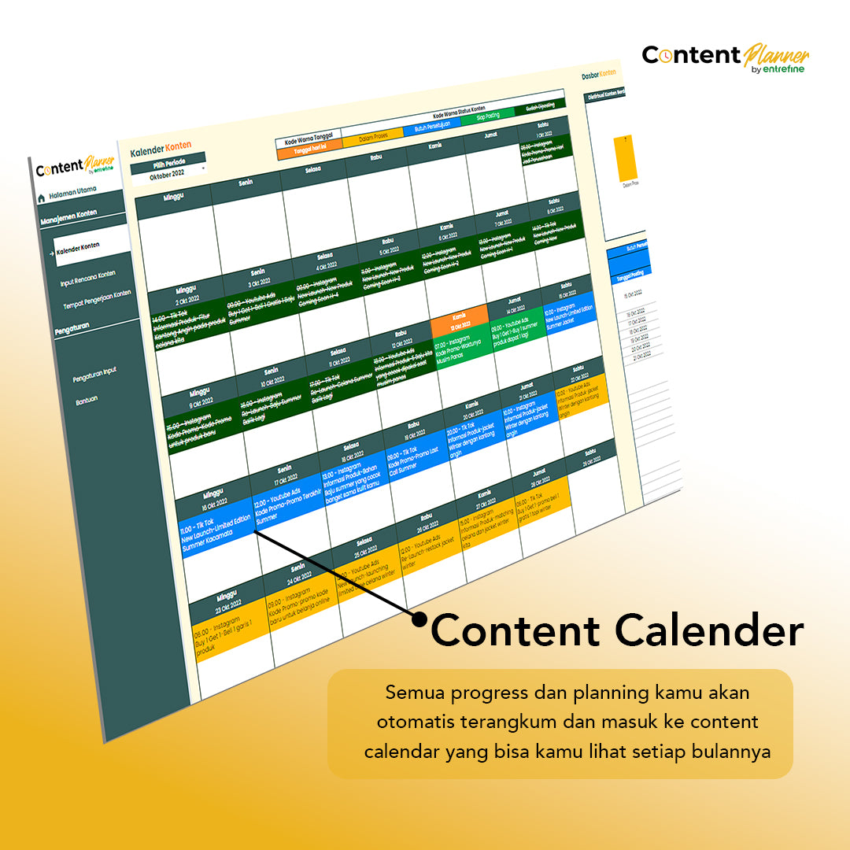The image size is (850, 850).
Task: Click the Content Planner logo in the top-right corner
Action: pyautogui.click(x=725, y=57)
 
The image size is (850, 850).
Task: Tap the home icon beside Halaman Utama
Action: pyautogui.click(x=41, y=198)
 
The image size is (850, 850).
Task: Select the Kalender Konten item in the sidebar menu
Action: pyautogui.click(x=79, y=246)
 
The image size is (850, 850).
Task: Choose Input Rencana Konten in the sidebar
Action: pyautogui.click(x=87, y=277)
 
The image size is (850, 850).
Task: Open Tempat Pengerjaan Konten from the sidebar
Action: pyautogui.click(x=97, y=299)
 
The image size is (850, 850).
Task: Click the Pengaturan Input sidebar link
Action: pyautogui.click(x=94, y=375)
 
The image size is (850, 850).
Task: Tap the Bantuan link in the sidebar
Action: pyautogui.click(x=87, y=399)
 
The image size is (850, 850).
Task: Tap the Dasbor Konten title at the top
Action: pyautogui.click(x=598, y=75)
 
